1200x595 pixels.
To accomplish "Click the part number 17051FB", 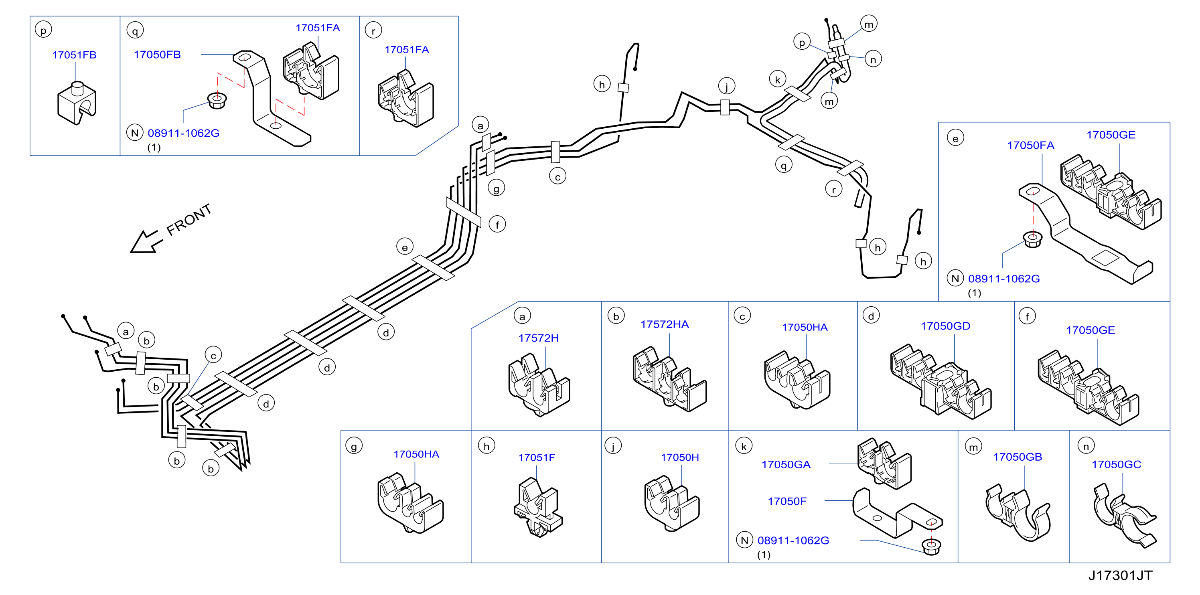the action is click(x=74, y=55).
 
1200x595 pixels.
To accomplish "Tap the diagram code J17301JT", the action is click(x=1120, y=575).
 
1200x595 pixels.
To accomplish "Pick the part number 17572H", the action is click(x=539, y=338).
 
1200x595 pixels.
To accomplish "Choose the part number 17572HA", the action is click(x=664, y=324).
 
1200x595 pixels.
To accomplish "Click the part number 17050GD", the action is click(x=945, y=326).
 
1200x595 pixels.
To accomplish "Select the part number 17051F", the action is click(x=537, y=457).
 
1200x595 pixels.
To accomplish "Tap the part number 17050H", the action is click(x=680, y=457).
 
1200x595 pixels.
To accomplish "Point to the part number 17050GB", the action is click(x=1018, y=457).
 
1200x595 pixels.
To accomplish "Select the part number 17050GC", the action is click(x=1116, y=464).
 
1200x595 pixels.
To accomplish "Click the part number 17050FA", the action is click(x=1030, y=145).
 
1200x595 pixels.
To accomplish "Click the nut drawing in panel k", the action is click(x=931, y=546).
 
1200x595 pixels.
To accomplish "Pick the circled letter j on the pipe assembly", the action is click(x=726, y=86).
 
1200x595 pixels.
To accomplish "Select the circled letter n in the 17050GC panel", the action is click(x=1086, y=446).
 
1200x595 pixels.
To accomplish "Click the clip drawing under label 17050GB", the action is click(x=1018, y=512).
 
